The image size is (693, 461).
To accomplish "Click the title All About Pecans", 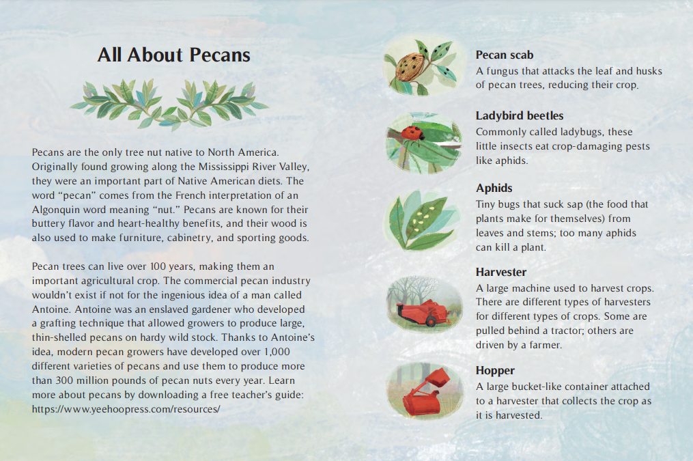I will click(x=173, y=55).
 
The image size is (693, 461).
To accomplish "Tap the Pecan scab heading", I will click(x=504, y=55).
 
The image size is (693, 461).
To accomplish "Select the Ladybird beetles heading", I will click(x=519, y=115).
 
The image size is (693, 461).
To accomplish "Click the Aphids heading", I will click(x=494, y=188).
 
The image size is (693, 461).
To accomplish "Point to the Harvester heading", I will click(x=501, y=272).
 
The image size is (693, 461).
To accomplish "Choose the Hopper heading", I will click(x=495, y=370).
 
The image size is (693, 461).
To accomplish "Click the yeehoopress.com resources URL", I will click(x=126, y=409).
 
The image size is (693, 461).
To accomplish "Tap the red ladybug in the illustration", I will click(x=410, y=133).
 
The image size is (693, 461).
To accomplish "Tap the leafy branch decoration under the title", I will click(x=169, y=103).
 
